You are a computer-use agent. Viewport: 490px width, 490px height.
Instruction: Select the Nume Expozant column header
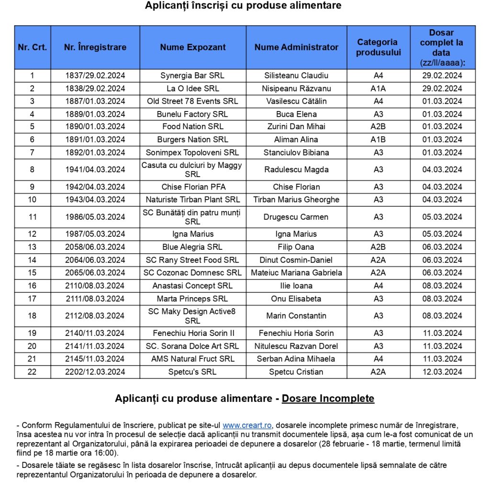coord(193,47)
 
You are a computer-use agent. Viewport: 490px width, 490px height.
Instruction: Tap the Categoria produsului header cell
coord(378,47)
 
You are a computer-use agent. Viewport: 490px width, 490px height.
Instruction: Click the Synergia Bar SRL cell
coord(192,76)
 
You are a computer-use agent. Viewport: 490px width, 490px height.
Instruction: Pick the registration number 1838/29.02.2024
coord(95,89)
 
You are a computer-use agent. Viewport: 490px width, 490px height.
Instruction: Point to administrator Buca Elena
coord(296,114)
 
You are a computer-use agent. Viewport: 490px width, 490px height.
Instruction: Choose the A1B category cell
coord(378,140)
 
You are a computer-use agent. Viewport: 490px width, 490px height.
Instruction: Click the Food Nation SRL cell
coord(192,127)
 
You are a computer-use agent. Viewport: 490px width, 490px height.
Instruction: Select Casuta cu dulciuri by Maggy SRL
coord(192,169)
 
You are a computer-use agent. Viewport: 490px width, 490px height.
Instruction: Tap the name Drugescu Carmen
coord(296,217)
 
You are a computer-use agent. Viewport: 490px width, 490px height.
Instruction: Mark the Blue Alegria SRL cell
coord(192,247)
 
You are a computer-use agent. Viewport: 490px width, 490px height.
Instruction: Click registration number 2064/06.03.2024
coord(95,260)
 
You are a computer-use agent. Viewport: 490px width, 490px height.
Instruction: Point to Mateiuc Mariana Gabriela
coord(296,273)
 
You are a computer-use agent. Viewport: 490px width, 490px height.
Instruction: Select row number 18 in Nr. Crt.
coord(32,316)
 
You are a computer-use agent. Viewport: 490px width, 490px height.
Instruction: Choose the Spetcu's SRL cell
coord(192,372)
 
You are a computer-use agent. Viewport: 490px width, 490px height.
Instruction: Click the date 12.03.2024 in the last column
coord(442,372)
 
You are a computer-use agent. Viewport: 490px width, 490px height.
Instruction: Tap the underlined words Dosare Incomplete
coord(328,399)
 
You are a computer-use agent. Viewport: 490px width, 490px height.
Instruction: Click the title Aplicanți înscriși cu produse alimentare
coord(244,6)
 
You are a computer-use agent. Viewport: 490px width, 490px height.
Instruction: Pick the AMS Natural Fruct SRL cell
coord(192,359)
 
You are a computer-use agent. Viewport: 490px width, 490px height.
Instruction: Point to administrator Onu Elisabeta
coord(296,299)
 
